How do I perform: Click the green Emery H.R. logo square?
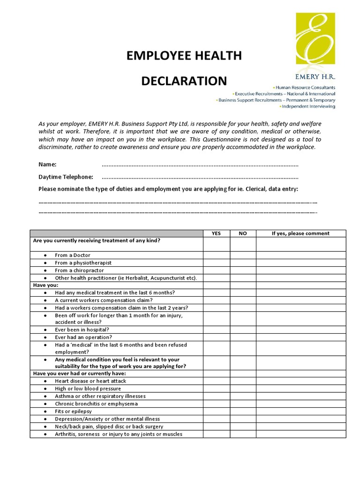[315, 38]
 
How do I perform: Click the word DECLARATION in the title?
[184, 81]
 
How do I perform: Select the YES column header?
[216, 233]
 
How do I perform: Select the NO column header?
[242, 233]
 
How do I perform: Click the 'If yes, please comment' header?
[300, 233]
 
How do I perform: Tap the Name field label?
[47, 165]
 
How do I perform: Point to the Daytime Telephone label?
[66, 177]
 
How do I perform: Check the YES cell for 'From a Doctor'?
[216, 255]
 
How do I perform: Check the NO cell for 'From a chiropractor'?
[242, 270]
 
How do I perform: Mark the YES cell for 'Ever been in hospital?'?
[216, 330]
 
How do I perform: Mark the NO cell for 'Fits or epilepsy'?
[242, 411]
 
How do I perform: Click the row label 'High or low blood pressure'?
[88, 389]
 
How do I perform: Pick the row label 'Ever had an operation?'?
[83, 337]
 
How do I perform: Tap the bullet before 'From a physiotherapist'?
[45, 263]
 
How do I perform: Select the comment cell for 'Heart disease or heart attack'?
[300, 381]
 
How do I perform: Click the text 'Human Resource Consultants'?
[305, 88]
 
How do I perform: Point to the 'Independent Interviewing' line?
[308, 106]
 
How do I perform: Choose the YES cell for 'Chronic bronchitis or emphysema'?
[216, 404]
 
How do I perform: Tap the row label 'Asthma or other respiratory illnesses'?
[100, 396]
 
